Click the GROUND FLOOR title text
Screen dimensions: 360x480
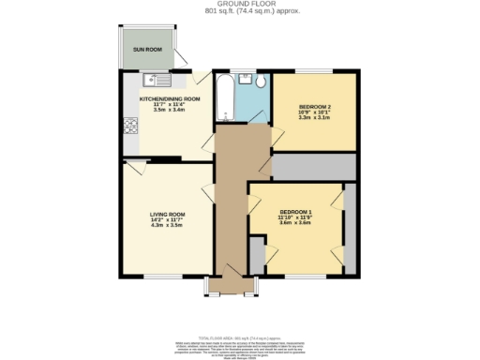point(240,5)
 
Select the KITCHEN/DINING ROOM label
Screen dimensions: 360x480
point(171,98)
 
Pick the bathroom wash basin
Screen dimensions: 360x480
point(257,81)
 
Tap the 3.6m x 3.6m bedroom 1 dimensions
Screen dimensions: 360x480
point(294,222)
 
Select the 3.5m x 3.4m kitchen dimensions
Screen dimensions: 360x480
point(171,110)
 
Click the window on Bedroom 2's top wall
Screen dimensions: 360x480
point(315,71)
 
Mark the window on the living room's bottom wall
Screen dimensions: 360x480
point(159,277)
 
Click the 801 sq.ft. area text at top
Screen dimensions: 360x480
point(240,13)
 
